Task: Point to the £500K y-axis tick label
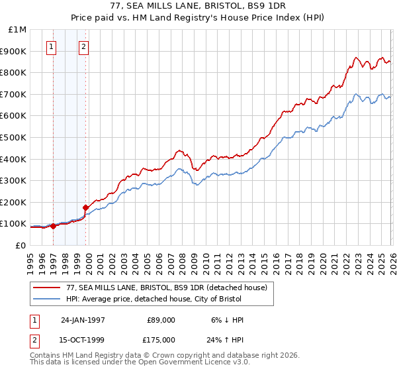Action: [x=14, y=138]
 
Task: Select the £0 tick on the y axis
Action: [x=21, y=245]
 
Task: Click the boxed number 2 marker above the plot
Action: [x=84, y=46]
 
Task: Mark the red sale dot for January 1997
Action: [x=54, y=226]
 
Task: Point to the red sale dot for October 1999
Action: [x=85, y=207]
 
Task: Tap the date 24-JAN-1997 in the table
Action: [x=83, y=320]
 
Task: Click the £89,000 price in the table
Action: [x=161, y=320]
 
